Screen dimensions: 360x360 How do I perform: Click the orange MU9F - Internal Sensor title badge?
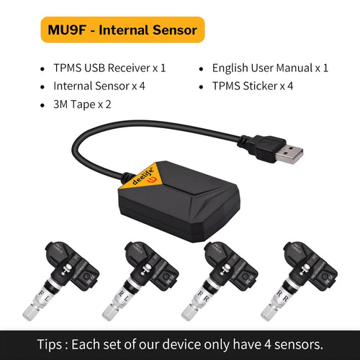123,30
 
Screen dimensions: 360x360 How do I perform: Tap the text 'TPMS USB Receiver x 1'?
109,68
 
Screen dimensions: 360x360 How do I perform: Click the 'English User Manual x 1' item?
270,68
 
